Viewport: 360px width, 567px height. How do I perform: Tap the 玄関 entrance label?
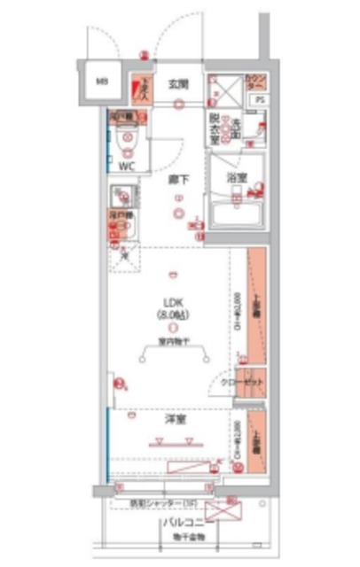180,84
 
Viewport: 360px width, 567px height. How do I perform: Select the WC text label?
126,165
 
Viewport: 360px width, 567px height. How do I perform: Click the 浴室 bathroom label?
236,176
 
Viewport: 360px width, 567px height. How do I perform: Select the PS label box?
259,100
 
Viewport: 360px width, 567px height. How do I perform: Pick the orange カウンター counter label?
254,82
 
